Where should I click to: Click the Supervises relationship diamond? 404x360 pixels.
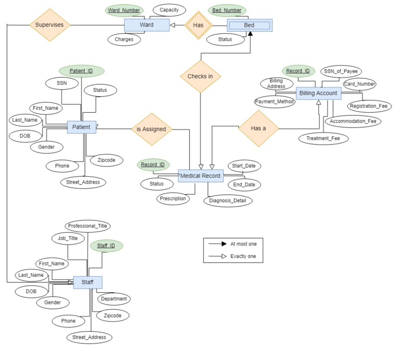(x=49, y=25)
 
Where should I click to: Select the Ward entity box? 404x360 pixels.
(x=146, y=25)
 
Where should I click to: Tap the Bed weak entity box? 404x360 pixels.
(x=249, y=25)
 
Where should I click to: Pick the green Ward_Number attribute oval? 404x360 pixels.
(x=123, y=10)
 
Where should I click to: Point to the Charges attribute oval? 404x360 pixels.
(x=124, y=40)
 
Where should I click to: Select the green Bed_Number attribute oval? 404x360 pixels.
(x=227, y=10)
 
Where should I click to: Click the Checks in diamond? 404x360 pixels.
(x=200, y=76)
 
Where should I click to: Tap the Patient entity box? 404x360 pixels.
(x=81, y=127)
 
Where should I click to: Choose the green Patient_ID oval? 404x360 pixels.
(x=81, y=71)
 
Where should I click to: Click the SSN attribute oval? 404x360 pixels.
(x=62, y=83)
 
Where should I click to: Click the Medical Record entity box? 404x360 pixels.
(x=201, y=176)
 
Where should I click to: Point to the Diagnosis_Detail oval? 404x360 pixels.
(x=228, y=200)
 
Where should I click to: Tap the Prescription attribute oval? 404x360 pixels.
(x=173, y=199)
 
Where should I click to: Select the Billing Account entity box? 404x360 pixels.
(x=318, y=93)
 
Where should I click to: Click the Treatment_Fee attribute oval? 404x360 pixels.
(x=324, y=139)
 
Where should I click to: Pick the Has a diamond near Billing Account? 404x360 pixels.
(x=258, y=128)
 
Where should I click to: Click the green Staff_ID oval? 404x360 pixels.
(x=106, y=246)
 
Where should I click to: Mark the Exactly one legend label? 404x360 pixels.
(x=243, y=256)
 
